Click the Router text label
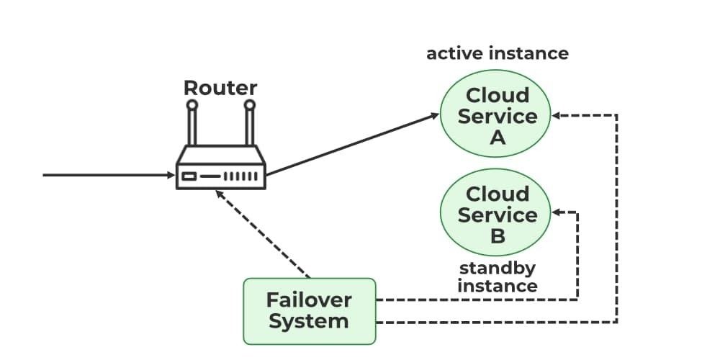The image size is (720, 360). coord(220,89)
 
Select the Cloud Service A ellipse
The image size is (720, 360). coord(498,116)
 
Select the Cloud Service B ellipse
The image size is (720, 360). coord(498,215)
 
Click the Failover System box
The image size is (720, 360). coord(309,310)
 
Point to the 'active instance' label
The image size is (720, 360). coord(498,53)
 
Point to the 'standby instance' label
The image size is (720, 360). coord(498,277)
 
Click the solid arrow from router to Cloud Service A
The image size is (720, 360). coord(353,144)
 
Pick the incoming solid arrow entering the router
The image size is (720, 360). coord(108,175)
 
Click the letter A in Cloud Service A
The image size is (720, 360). coord(498,138)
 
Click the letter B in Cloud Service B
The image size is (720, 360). coord(498,235)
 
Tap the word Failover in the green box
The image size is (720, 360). coord(309,300)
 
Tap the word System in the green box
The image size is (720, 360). coord(309,321)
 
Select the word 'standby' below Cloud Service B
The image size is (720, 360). coord(498,269)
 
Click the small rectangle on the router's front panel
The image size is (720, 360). coord(189,176)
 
